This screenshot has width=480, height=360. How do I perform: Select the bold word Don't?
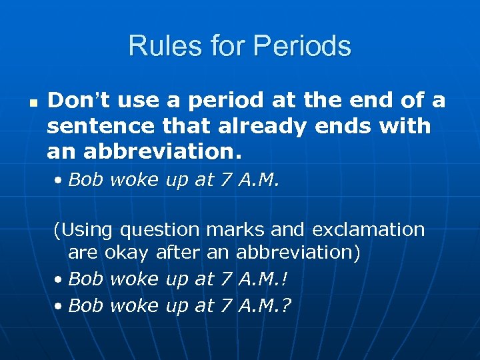click(x=75, y=101)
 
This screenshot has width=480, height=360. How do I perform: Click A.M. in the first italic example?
click(x=255, y=180)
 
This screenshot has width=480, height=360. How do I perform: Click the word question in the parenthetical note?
click(x=160, y=230)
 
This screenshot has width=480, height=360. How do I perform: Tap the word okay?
click(x=127, y=253)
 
